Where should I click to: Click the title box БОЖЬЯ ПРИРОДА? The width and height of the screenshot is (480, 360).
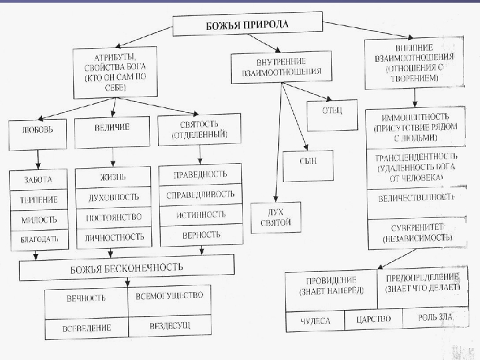pos(246,26)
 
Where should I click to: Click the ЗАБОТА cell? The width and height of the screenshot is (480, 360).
pos(37,180)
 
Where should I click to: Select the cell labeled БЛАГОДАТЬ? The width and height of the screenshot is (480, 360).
pos(37,238)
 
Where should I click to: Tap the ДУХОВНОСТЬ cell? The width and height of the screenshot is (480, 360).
pos(113,198)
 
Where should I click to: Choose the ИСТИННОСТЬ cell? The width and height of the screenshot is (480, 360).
pos(199,215)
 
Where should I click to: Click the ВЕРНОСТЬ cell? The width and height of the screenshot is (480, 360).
pos(199,235)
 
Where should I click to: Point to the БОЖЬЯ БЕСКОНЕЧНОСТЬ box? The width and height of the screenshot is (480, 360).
pos(127,268)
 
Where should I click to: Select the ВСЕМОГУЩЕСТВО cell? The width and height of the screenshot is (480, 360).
pos(169,296)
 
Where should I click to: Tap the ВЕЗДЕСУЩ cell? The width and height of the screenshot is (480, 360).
pos(169,327)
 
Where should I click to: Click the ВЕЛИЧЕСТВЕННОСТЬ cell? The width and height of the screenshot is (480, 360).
pos(416,198)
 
